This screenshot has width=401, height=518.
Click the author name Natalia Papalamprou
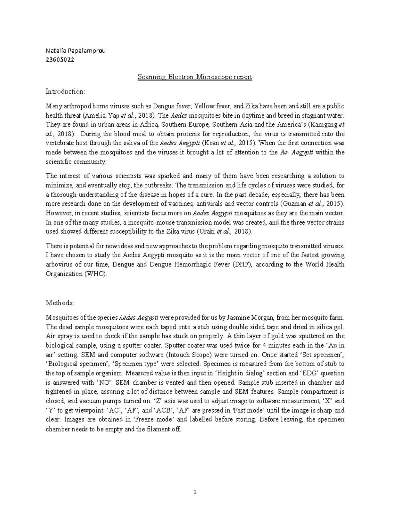[x=75, y=51]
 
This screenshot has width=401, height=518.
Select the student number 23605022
[x=60, y=60]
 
